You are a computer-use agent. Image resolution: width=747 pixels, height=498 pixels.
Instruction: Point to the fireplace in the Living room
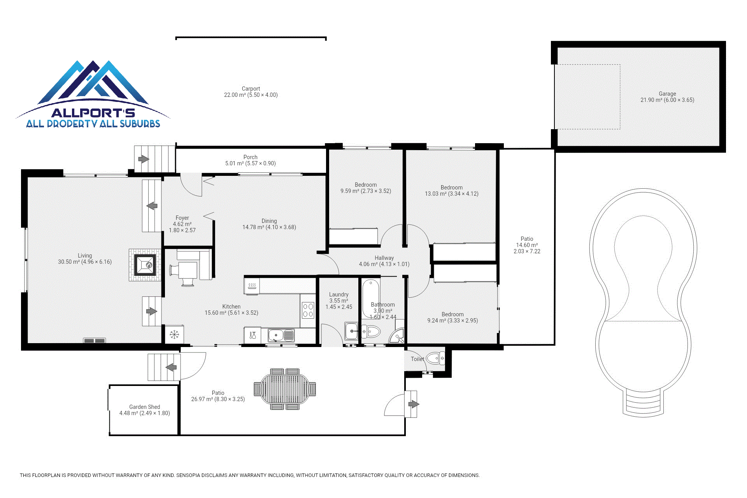point(145,265)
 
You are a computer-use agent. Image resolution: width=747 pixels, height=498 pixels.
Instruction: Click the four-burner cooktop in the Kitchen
point(308,310)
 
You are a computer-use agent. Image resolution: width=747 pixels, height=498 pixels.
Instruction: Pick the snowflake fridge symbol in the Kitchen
point(174,334)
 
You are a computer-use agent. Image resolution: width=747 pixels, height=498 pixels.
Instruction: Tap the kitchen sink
point(281,335)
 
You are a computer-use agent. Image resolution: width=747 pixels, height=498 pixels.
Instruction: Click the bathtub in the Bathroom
point(371,298)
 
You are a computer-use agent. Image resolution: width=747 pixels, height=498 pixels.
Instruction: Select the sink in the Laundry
point(352,331)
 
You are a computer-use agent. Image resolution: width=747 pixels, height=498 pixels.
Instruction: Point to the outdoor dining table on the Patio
point(285,389)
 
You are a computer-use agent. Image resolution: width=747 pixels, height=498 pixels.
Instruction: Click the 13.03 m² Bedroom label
point(452,191)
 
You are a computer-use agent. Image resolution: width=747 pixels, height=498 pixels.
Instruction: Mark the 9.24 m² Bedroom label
point(452,317)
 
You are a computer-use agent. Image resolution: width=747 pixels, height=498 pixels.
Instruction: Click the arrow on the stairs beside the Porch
point(144,159)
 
